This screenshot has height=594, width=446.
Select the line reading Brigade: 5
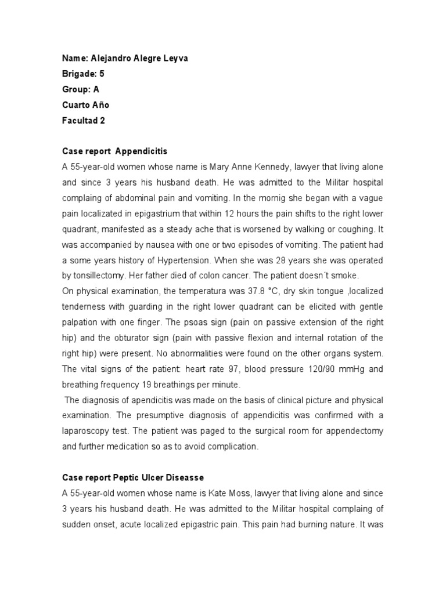(x=83, y=74)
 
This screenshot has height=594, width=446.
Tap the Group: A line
(x=81, y=89)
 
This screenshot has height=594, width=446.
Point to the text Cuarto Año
(x=85, y=105)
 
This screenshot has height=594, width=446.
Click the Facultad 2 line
(x=84, y=121)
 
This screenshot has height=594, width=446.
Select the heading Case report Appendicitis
(x=114, y=151)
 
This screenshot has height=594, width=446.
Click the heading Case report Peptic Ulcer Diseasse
(x=133, y=477)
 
